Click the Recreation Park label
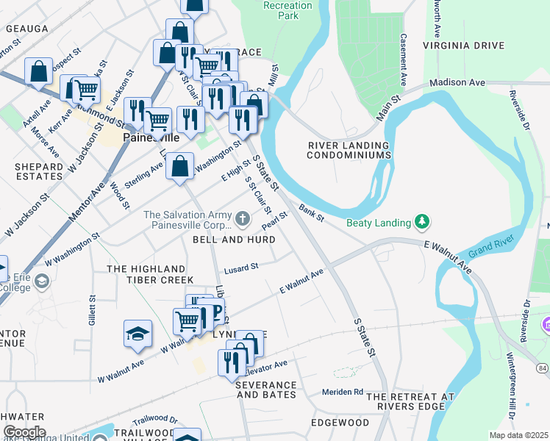288,10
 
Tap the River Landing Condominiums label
348,151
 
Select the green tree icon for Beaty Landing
422,220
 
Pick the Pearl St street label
274,220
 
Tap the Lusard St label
242,268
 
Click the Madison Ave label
457,83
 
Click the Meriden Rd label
343,392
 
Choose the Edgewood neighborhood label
340,423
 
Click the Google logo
24,432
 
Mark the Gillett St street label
93,311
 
